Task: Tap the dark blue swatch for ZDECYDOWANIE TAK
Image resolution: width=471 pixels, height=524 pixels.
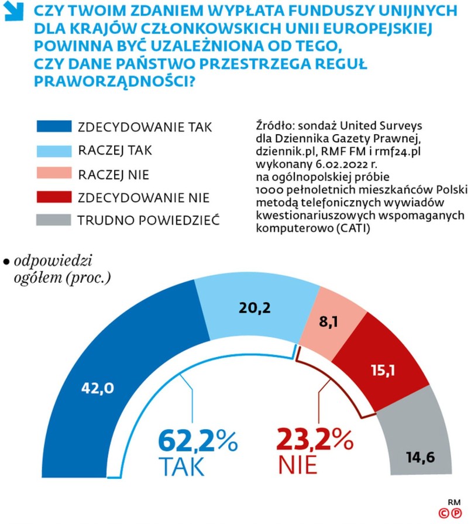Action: click(54, 127)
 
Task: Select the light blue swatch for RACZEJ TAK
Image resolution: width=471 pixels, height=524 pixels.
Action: click(54, 150)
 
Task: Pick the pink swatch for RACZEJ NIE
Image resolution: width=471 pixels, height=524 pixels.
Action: click(54, 174)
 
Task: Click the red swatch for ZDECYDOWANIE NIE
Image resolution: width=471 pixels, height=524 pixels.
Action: click(54, 197)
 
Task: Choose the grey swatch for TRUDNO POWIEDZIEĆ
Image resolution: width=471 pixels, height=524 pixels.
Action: click(54, 220)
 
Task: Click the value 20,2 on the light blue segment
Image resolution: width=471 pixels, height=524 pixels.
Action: click(255, 307)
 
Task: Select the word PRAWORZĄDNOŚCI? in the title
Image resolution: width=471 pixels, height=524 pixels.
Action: click(115, 82)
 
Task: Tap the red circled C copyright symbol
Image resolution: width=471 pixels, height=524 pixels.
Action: click(445, 513)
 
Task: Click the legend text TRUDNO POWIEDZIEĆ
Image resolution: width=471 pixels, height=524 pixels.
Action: click(149, 221)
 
